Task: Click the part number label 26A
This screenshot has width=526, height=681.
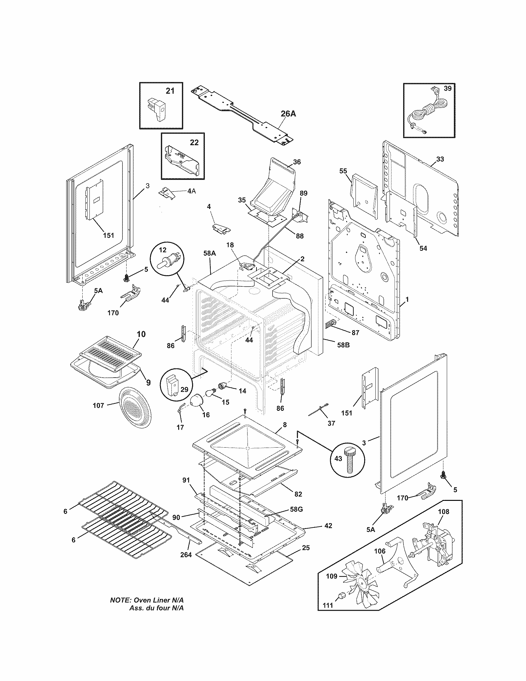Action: (x=288, y=114)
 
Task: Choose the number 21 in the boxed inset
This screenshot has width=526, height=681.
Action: (x=170, y=91)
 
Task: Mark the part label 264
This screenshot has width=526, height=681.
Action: (x=186, y=554)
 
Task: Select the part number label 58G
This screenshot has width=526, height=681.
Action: (x=296, y=509)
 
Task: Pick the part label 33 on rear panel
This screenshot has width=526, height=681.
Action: (x=440, y=159)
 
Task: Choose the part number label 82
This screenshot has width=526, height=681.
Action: (x=298, y=494)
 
